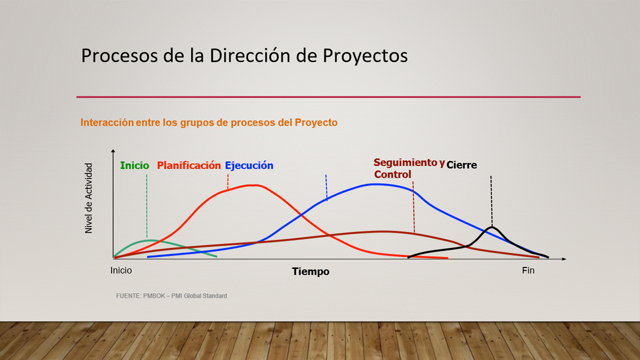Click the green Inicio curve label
[134, 165]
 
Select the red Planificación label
[189, 165]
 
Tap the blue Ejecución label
[249, 165]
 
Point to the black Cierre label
[461, 165]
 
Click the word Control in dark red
[392, 174]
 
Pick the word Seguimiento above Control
[405, 162]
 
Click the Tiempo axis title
[310, 271]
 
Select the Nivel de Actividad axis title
[89, 198]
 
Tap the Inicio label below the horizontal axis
[121, 270]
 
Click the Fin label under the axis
[528, 270]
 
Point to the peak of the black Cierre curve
[492, 227]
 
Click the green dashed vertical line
[147, 206]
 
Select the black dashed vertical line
[491, 201]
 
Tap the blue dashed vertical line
[326, 187]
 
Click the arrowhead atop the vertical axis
[113, 151]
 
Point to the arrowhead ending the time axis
[564, 259]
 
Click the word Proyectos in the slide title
[365, 55]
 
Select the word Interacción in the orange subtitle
[107, 122]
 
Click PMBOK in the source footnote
[154, 295]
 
